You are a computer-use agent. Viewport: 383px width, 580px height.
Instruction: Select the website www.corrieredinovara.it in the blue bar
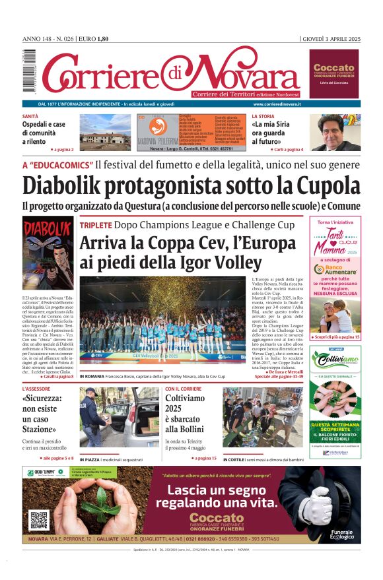point(277,104)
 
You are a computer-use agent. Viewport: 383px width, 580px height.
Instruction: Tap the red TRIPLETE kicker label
point(95,225)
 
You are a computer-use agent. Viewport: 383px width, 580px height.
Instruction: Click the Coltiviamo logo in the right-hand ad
point(335,360)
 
